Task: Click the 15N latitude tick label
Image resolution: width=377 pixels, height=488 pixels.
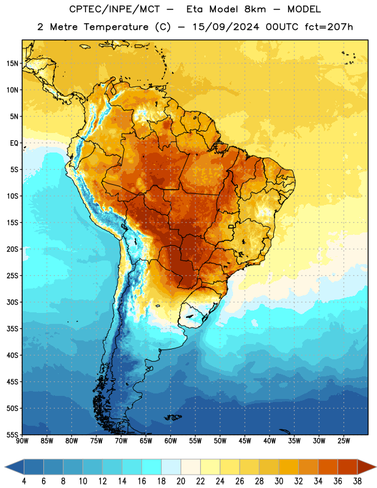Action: click(12, 63)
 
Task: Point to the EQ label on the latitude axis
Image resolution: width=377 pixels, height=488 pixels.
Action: click(14, 143)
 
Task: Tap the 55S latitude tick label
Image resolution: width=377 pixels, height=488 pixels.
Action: click(12, 434)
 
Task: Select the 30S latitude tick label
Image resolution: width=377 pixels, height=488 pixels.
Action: click(12, 302)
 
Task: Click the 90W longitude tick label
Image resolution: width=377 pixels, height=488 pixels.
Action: click(22, 441)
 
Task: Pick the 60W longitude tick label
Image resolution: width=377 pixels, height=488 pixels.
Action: click(171, 441)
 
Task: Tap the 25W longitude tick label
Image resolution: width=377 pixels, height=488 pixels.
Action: click(343, 441)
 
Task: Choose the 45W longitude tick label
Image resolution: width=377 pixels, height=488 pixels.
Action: click(245, 441)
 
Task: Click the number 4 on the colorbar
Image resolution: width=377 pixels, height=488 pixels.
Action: click(24, 481)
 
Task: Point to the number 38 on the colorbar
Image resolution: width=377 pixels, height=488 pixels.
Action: click(357, 481)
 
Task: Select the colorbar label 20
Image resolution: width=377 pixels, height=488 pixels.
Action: click(181, 481)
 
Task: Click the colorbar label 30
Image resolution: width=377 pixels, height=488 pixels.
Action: click(279, 481)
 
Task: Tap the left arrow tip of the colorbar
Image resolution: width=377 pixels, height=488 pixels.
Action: click(5, 467)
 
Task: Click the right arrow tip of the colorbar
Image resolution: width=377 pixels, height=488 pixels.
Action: click(376, 467)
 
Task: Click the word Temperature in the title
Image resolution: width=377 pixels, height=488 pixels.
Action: click(116, 27)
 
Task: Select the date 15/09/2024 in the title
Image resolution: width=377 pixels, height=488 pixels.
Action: click(226, 27)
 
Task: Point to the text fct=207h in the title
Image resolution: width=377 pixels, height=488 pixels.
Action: click(329, 27)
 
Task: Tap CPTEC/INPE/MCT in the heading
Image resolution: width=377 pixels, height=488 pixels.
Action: click(114, 9)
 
